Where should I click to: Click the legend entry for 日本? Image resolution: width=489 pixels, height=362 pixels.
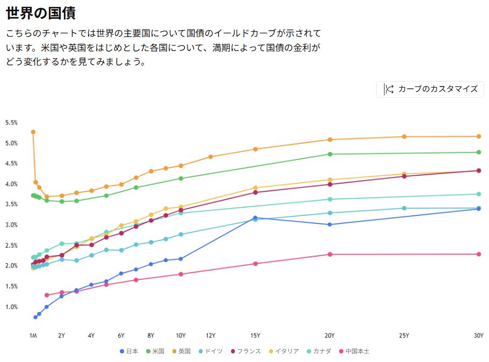click(128, 351)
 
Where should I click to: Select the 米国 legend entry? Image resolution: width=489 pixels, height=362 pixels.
click(155, 351)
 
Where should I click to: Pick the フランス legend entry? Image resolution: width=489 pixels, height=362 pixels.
click(246, 351)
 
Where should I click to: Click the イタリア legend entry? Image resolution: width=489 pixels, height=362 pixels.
click(284, 351)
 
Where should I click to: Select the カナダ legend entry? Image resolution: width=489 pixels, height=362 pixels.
click(319, 351)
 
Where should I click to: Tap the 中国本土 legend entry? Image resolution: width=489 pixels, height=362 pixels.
click(354, 351)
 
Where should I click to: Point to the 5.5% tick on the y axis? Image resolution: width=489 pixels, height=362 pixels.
click(12, 122)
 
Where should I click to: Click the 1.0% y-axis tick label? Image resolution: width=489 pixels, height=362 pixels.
click(12, 307)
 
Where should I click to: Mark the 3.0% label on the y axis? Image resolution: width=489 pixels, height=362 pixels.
click(12, 225)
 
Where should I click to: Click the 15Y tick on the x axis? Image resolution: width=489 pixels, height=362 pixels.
click(255, 336)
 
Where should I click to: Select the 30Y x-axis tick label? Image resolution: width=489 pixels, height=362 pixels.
click(478, 336)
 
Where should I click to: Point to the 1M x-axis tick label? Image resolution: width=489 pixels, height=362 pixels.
click(33, 336)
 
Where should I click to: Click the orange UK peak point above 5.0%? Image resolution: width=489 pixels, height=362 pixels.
click(33, 132)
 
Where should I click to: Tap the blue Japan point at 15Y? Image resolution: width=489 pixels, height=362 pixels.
click(255, 218)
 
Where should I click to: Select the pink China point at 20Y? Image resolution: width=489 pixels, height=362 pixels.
click(330, 254)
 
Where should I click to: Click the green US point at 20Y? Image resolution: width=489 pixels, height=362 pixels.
click(330, 154)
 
